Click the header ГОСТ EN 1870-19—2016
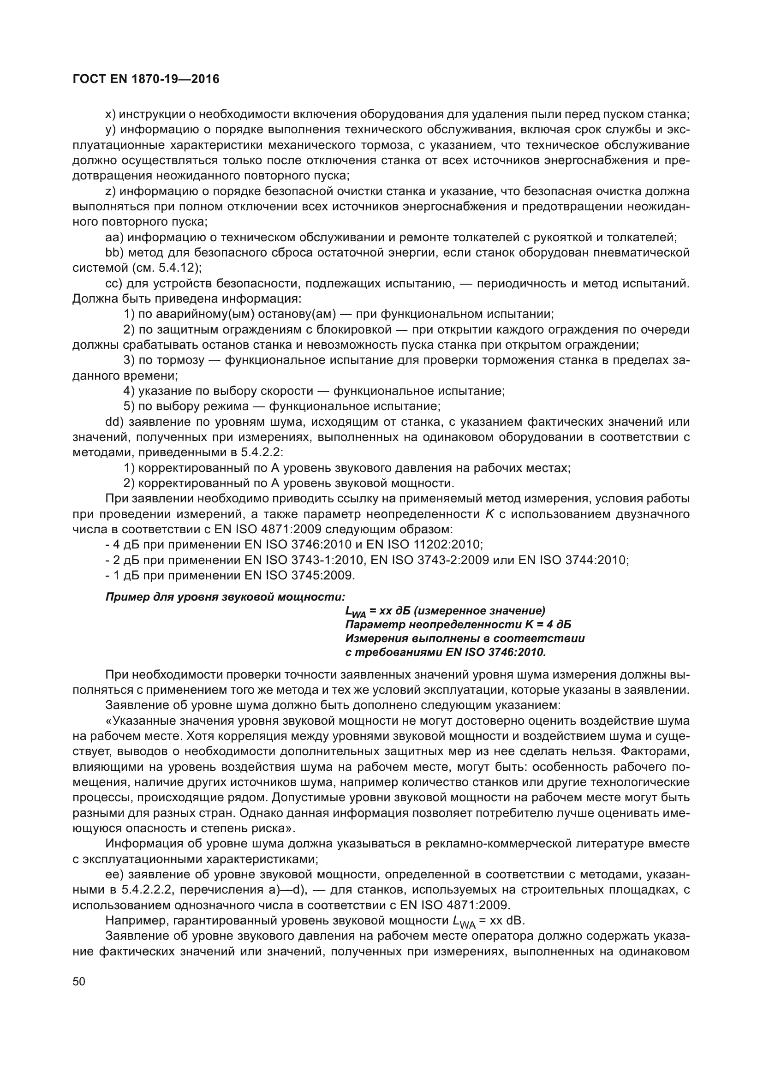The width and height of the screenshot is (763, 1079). coord(146,79)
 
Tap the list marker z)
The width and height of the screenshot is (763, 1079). coord(110,191)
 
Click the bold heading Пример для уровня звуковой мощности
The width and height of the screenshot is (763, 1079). coord(225,597)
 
